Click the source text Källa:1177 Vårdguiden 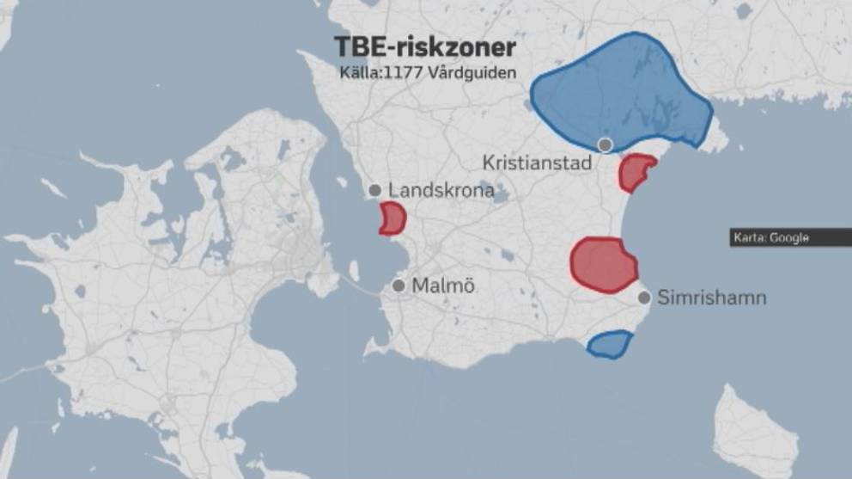click(x=428, y=73)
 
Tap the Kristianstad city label click(x=538, y=163)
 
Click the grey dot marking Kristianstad click(x=606, y=145)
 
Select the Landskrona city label click(x=441, y=190)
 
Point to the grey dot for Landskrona click(x=374, y=191)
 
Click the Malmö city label click(x=445, y=286)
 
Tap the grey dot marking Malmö click(x=399, y=286)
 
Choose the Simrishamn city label click(x=711, y=298)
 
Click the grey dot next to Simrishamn click(x=644, y=298)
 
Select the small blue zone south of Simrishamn click(x=610, y=345)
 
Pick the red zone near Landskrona click(x=393, y=218)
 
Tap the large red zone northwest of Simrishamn click(x=602, y=263)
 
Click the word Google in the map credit click(x=788, y=238)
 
